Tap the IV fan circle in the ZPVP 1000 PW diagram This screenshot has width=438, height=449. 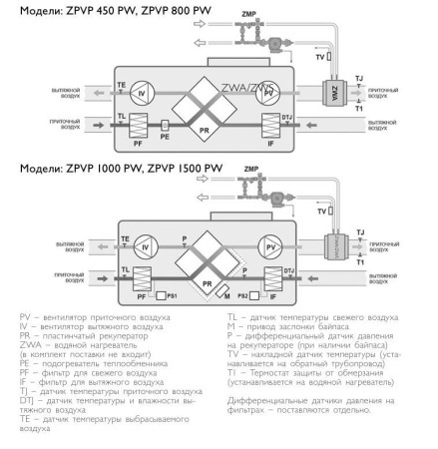pos(146,243)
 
